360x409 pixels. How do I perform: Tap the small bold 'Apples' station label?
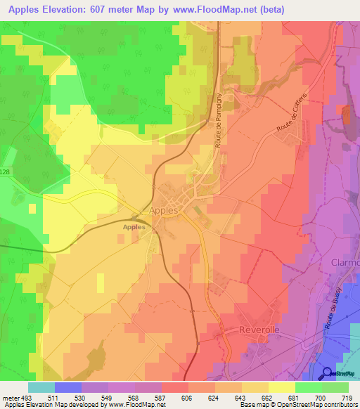point(134,227)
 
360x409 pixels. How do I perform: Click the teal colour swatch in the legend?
point(41,387)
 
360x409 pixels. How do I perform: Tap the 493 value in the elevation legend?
point(25,398)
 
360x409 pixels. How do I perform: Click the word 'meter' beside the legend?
point(10,398)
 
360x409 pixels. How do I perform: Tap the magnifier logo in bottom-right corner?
point(327,372)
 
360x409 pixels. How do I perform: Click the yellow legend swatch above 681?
point(282,387)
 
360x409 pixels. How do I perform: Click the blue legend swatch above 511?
point(67,387)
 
